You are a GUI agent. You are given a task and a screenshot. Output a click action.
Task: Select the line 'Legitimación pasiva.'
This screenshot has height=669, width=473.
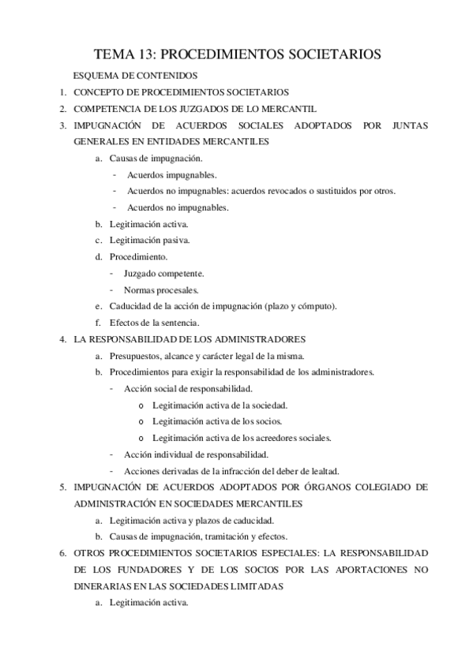[x=149, y=240]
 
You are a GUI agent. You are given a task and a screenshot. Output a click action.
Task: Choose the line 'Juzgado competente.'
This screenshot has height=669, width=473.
[x=164, y=273]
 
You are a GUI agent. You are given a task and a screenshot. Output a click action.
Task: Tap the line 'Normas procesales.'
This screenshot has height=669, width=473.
[x=160, y=290]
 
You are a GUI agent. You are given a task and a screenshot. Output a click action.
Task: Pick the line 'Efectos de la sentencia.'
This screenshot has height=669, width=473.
[x=154, y=322]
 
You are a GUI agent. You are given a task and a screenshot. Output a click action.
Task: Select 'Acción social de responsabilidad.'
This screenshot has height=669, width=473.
[x=188, y=388]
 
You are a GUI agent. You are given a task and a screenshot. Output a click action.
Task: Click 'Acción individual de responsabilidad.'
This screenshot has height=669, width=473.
[x=196, y=454]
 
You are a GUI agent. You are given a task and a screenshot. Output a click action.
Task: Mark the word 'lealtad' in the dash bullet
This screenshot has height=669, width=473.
[x=325, y=470]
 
